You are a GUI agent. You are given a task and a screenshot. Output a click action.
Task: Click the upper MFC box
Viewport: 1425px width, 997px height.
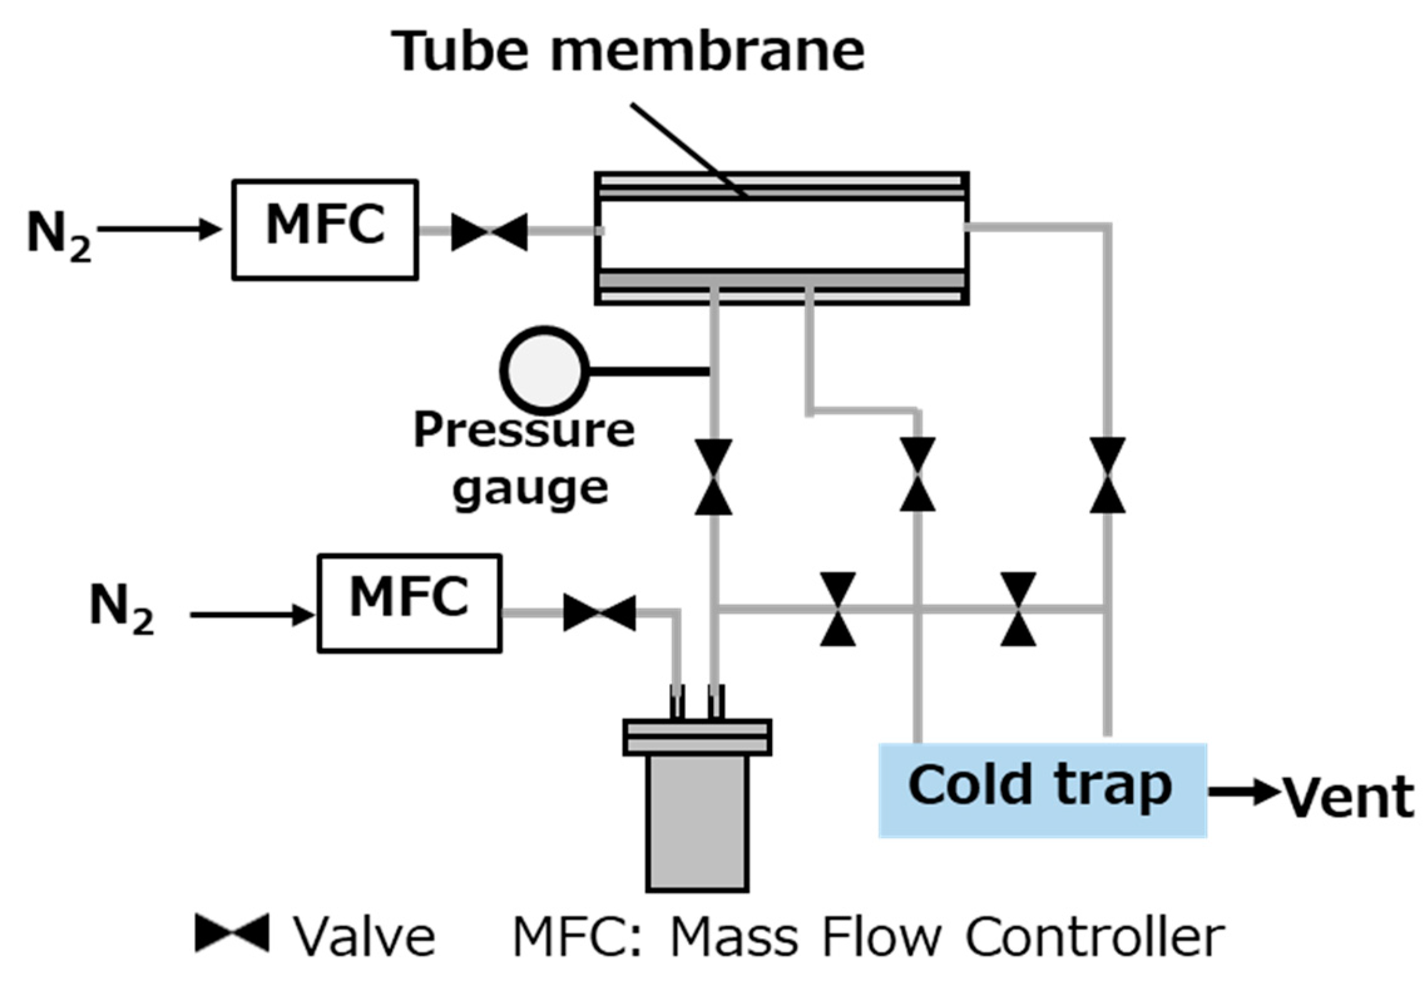[x=325, y=229]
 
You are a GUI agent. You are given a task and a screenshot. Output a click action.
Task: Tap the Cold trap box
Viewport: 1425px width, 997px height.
[x=1041, y=790]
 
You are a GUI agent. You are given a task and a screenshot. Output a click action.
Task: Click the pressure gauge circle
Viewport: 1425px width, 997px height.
[x=544, y=370]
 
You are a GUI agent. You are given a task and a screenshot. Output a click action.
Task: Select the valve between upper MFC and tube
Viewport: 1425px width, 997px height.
[x=489, y=231]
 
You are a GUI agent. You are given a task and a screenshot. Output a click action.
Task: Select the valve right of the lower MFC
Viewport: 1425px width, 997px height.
[x=599, y=613]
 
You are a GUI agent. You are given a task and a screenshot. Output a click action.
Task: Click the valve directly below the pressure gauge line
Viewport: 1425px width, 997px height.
[x=713, y=477]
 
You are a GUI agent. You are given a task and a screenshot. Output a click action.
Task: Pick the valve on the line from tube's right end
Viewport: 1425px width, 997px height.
[x=1107, y=475]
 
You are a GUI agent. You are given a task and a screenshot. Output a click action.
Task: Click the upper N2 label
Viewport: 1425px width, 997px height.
[x=59, y=236]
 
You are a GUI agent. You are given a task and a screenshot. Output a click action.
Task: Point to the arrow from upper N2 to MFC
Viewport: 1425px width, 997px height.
[x=160, y=229]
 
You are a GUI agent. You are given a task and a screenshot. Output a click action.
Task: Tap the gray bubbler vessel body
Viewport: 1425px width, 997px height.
[x=697, y=821]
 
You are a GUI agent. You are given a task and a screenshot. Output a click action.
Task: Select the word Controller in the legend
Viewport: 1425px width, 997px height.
[x=1094, y=937]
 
